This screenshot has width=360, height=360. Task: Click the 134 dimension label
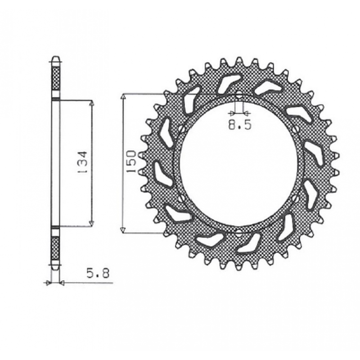click(82, 162)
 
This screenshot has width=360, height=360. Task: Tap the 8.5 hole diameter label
click(240, 125)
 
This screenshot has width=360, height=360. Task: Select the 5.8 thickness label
click(98, 274)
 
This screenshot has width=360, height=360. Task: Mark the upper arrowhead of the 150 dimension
click(123, 97)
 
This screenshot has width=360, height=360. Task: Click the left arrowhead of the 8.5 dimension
click(232, 113)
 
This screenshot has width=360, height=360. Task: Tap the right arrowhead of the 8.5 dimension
click(246, 113)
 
